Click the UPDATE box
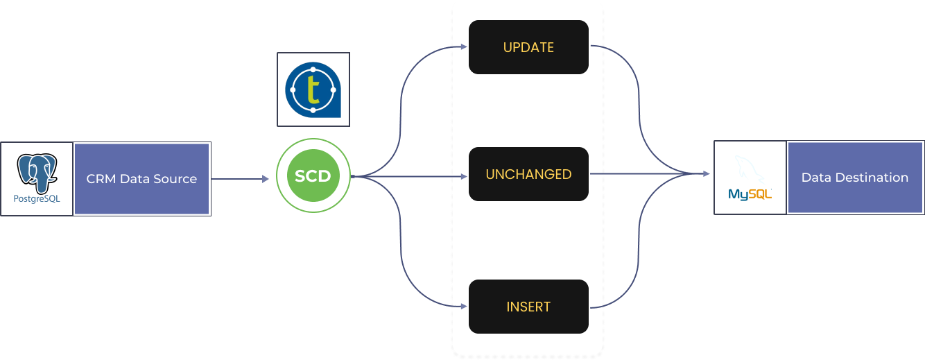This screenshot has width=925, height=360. pyautogui.click(x=528, y=47)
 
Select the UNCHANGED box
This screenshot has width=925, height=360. pyautogui.click(x=528, y=174)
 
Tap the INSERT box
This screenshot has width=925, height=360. pyautogui.click(x=528, y=307)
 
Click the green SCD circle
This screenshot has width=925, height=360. pyautogui.click(x=313, y=175)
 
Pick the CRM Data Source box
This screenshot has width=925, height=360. pyautogui.click(x=141, y=179)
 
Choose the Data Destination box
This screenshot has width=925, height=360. pyautogui.click(x=854, y=178)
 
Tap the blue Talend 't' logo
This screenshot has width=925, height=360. pyautogui.click(x=313, y=89)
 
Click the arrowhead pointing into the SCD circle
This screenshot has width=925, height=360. pyautogui.click(x=265, y=179)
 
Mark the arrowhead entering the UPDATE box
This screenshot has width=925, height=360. pyautogui.click(x=463, y=47)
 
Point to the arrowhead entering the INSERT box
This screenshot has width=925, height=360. pyautogui.click(x=463, y=306)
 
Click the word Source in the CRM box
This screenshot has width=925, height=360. pyautogui.click(x=177, y=179)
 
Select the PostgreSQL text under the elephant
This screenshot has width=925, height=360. pyautogui.click(x=37, y=199)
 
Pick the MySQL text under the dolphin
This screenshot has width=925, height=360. pyautogui.click(x=750, y=195)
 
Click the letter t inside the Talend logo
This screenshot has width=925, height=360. pyautogui.click(x=313, y=90)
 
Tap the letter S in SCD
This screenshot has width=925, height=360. pyautogui.click(x=300, y=176)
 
